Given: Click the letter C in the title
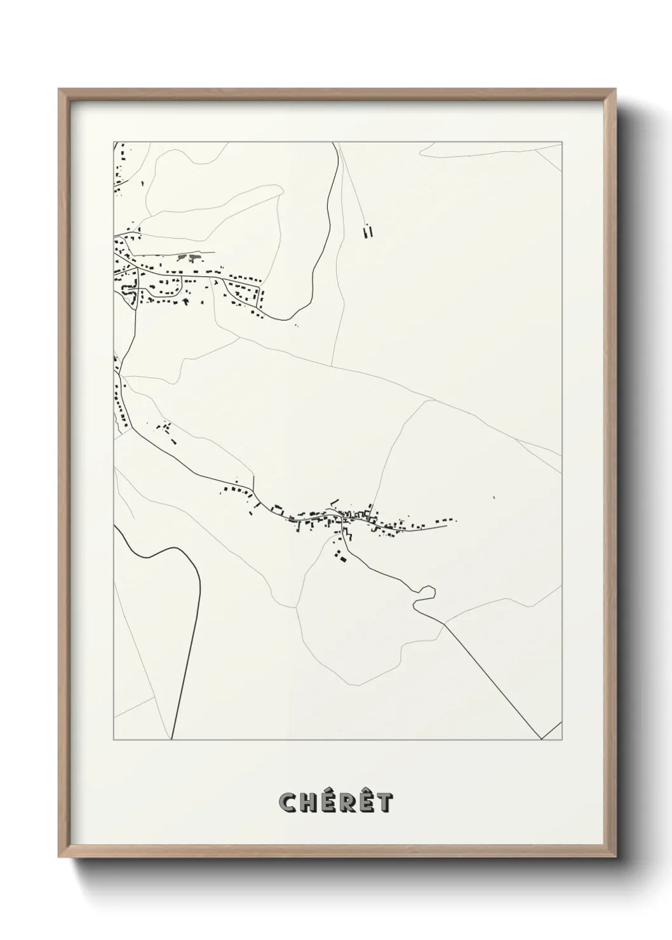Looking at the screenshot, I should point(286,803).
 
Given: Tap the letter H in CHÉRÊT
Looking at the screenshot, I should point(306,803).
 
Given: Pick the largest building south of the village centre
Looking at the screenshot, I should point(342,558).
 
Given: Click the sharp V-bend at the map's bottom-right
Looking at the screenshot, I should point(541,739).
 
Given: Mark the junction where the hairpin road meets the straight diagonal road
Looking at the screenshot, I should point(444,623).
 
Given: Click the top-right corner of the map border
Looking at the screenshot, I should point(561,142).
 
